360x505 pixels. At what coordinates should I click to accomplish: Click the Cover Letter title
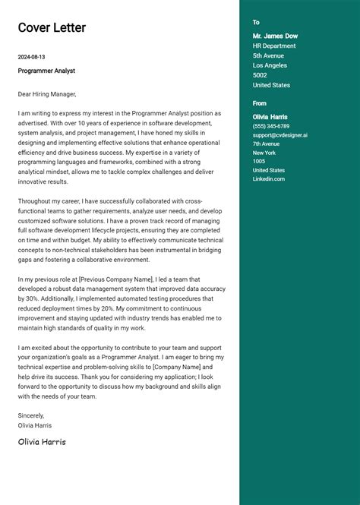coord(52,28)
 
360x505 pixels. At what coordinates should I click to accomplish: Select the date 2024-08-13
coord(32,57)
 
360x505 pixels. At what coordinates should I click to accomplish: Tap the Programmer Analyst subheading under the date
coord(46,71)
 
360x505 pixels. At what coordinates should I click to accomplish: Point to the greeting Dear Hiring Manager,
coord(47,94)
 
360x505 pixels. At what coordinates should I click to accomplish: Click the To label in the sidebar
coord(256,23)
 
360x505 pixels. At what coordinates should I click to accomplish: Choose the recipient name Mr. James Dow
coord(275,36)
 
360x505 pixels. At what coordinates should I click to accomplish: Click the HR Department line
coord(274,46)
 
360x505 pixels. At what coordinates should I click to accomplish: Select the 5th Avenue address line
coord(268,55)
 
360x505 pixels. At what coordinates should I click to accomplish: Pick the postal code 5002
coord(260,75)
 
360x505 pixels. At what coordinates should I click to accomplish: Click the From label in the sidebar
coord(260,103)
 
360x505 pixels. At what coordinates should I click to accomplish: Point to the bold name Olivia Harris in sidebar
coord(270,117)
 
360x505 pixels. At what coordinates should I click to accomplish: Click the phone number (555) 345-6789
coord(271,126)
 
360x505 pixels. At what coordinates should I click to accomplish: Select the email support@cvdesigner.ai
coord(280,135)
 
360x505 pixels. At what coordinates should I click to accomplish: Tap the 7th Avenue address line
coord(267,144)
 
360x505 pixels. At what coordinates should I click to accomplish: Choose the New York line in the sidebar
coord(264,153)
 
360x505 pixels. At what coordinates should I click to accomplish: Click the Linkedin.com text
coord(269,178)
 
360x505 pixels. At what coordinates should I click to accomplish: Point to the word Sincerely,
coord(31,415)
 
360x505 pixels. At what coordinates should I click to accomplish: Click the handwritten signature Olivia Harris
coord(42,441)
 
